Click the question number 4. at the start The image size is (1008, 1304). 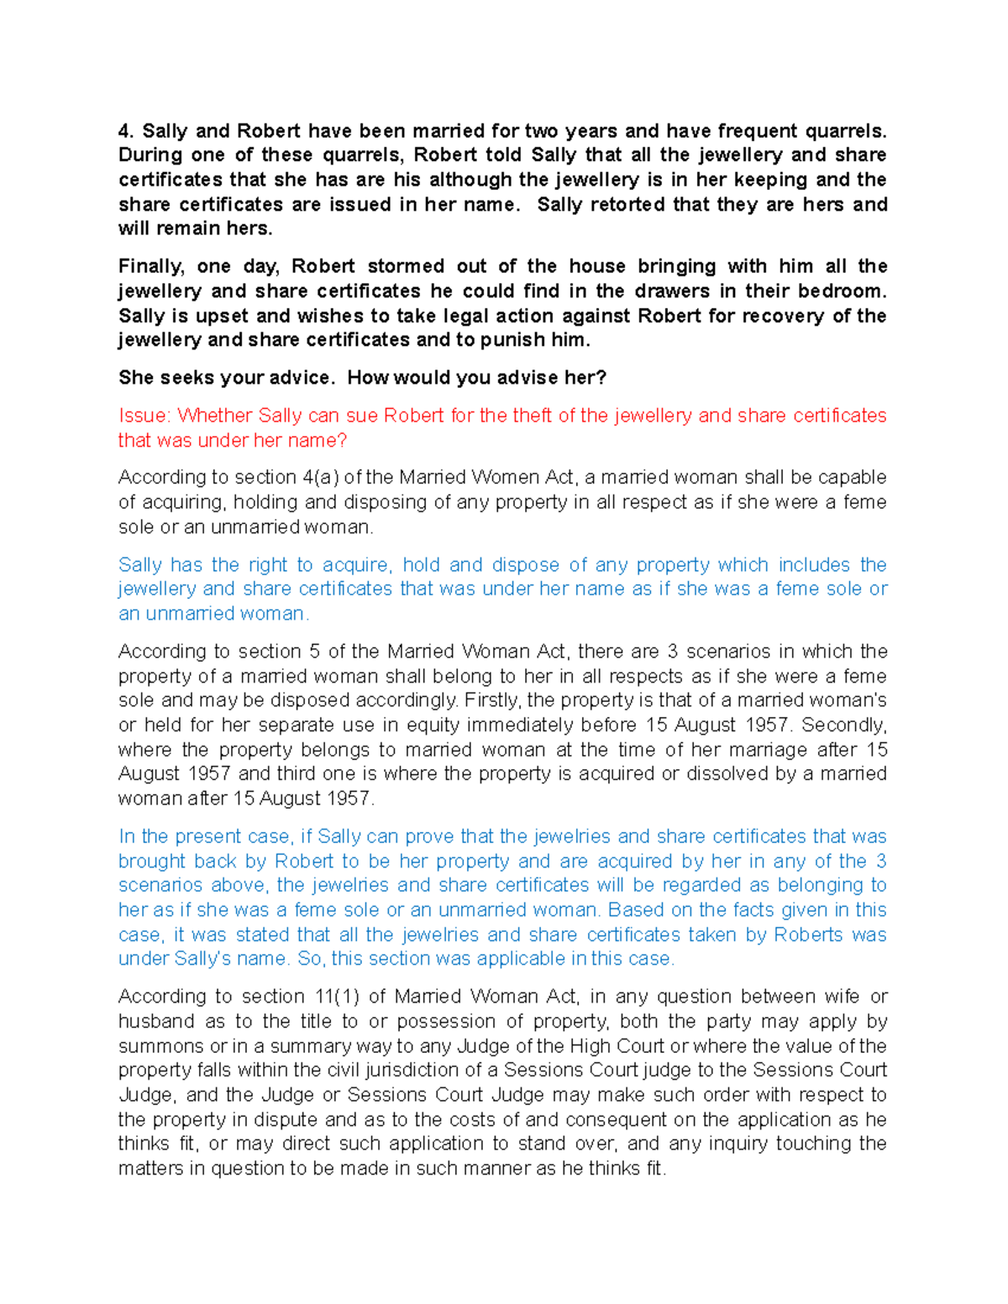point(126,131)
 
